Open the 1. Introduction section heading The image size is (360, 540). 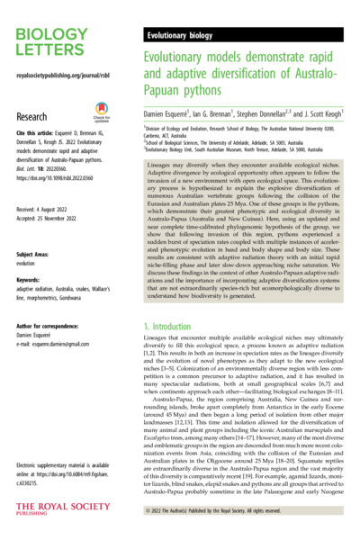tap(178, 323)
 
